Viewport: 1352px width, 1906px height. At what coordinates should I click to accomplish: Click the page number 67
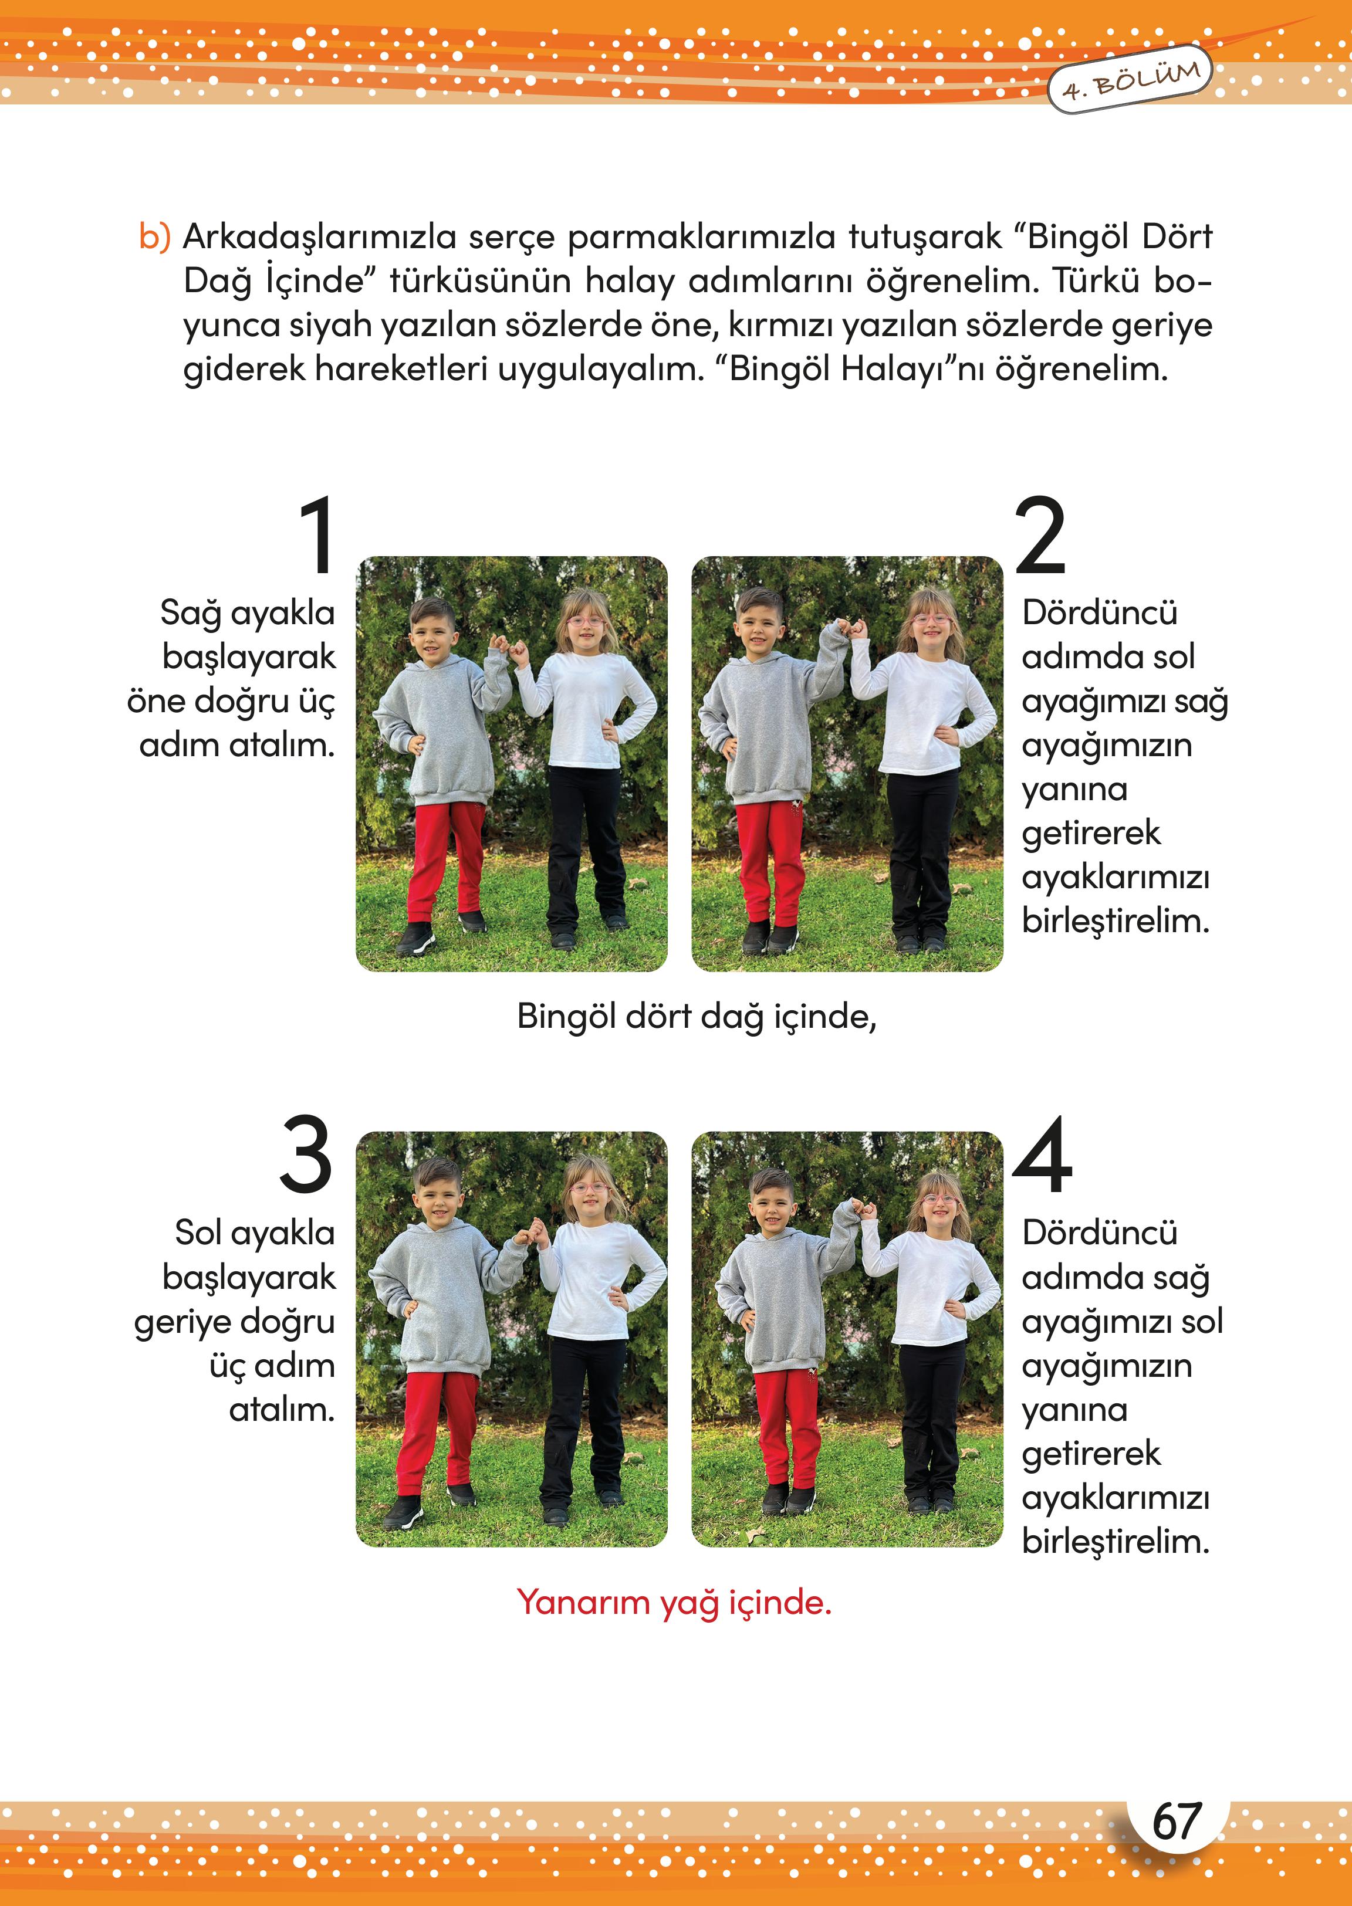1177,1822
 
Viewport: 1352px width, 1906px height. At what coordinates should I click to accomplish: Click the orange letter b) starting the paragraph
155,237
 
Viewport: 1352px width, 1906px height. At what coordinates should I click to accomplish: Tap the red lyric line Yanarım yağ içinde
674,1602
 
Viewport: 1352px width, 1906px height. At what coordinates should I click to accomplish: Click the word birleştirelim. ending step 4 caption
1116,1542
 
